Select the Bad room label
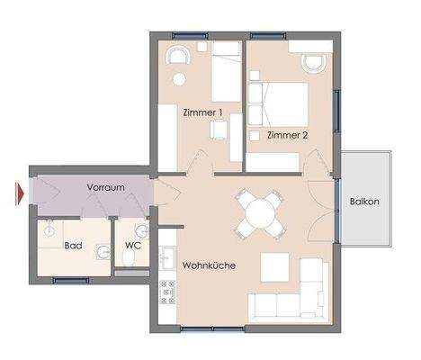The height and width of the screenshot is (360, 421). click(x=73, y=244)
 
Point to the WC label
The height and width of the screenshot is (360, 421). click(x=132, y=244)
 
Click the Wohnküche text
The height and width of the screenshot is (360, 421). click(x=208, y=266)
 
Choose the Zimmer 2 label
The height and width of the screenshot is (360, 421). click(x=288, y=135)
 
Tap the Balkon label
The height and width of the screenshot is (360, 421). click(x=363, y=202)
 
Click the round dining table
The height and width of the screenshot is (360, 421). click(x=259, y=213)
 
